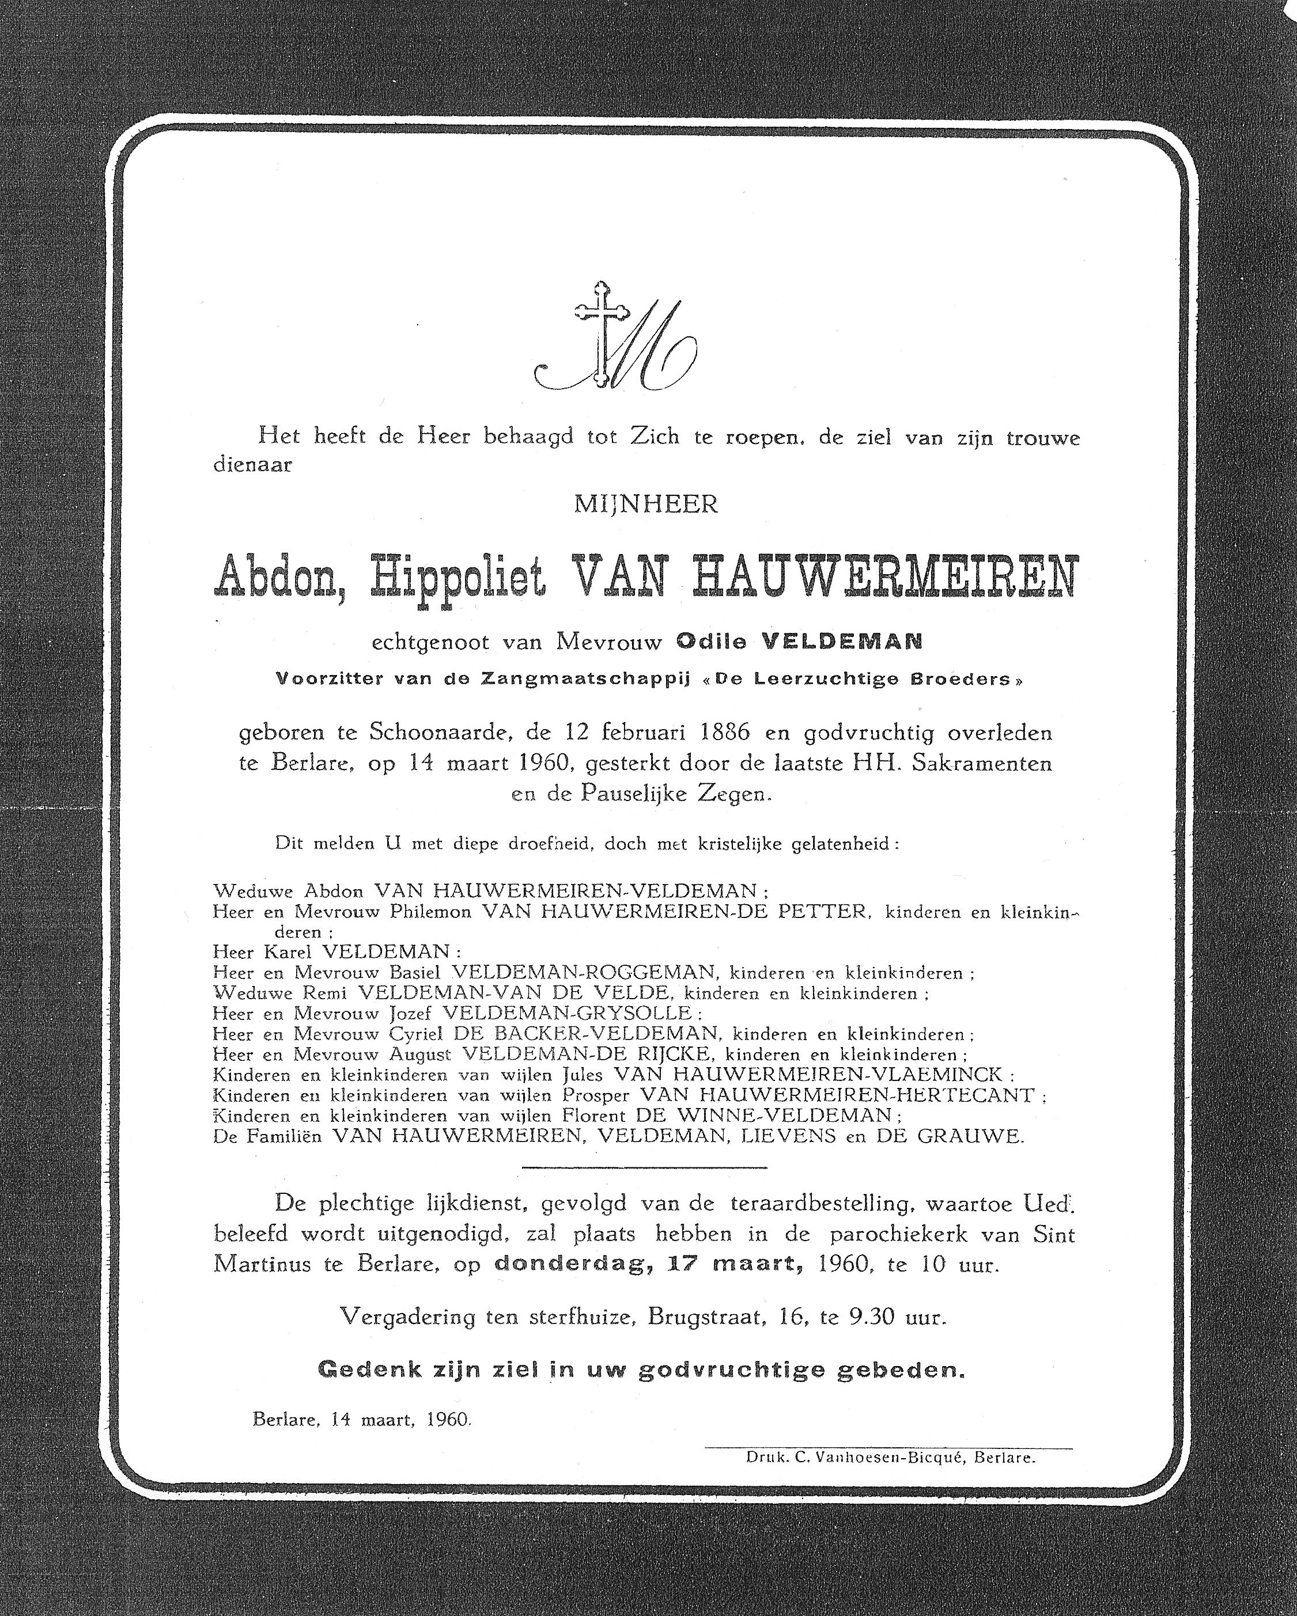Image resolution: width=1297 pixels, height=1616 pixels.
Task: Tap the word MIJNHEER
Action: click(x=645, y=504)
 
